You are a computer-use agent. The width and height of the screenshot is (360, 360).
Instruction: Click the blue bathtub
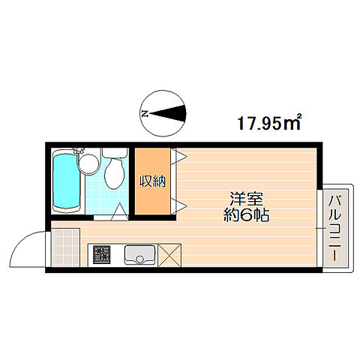coord(65,182)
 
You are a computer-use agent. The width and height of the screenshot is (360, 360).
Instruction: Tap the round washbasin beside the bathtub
coord(88,161)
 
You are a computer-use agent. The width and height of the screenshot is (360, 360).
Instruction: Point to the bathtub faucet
coord(79,154)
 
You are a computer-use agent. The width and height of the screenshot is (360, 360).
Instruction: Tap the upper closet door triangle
coord(181,156)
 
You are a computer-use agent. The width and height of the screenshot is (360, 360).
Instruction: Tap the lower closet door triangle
coord(181,205)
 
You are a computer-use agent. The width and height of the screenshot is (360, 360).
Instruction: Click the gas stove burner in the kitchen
coord(101,256)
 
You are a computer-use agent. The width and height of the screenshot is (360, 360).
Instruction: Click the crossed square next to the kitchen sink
coord(170,256)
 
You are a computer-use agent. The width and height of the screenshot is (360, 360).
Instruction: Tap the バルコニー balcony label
coord(334,225)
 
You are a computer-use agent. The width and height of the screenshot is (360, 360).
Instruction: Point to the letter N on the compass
coord(145,114)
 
